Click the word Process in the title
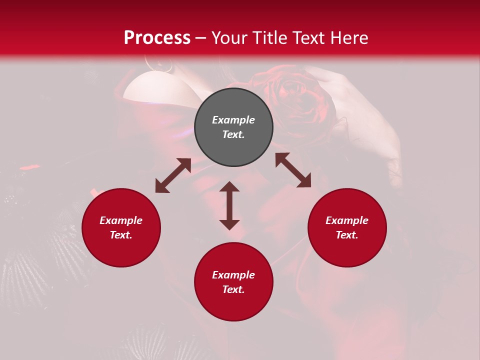157,38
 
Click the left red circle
121,227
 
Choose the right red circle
347,227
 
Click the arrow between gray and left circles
173,175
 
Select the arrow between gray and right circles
293,170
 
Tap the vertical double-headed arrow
229,205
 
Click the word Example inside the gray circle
233,120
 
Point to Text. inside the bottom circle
233,289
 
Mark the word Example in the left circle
121,220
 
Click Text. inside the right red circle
347,235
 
